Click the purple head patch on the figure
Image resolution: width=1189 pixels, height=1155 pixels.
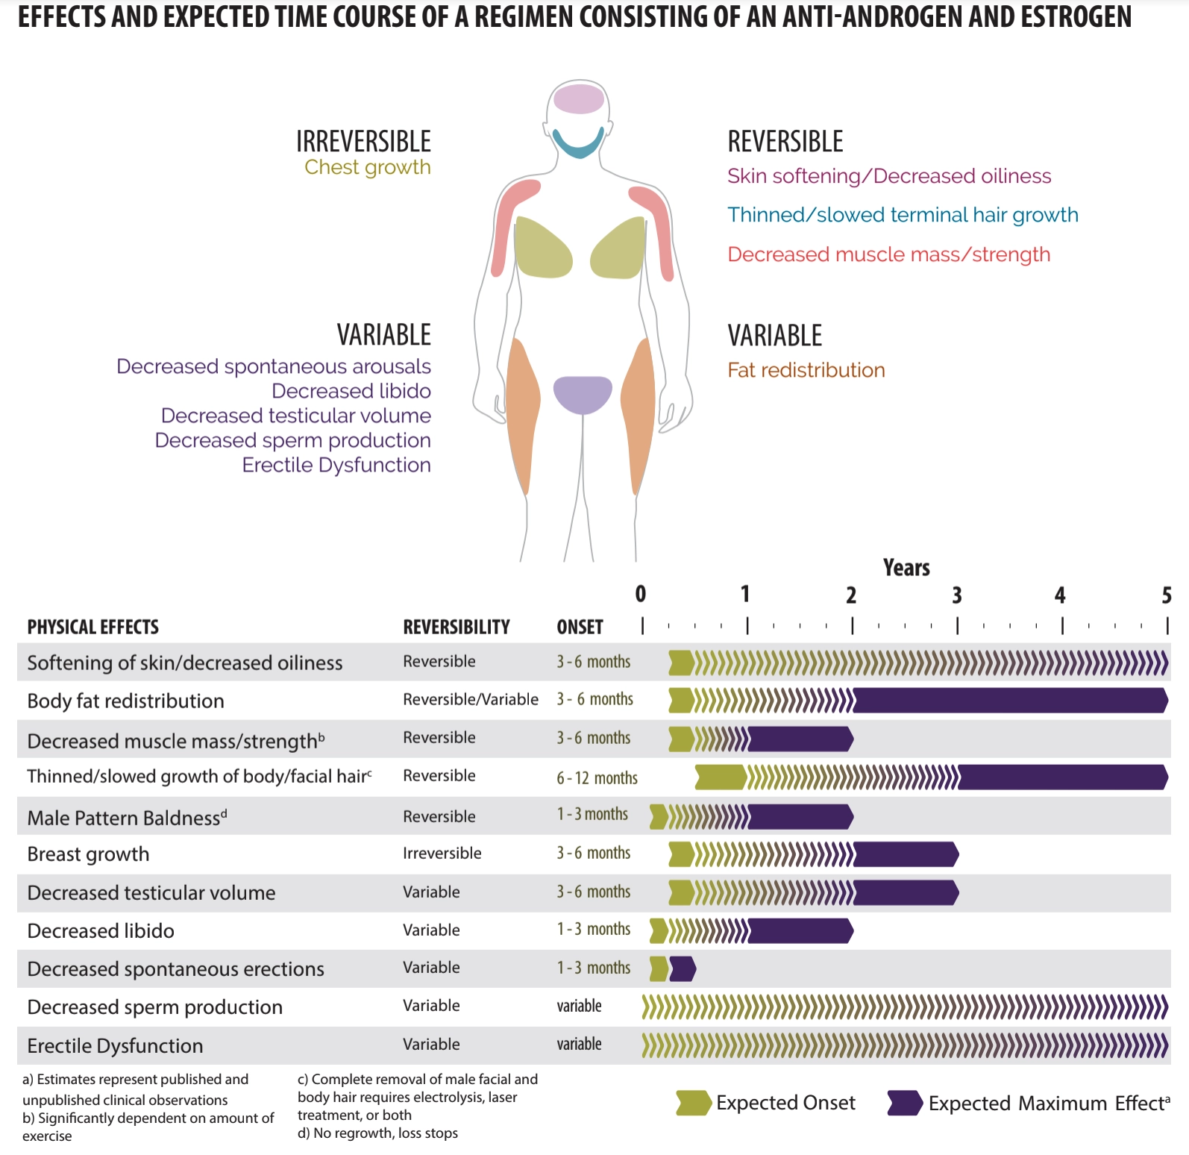(578, 99)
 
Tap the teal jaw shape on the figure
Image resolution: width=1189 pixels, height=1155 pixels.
(577, 143)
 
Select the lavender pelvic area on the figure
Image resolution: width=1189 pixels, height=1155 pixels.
(583, 395)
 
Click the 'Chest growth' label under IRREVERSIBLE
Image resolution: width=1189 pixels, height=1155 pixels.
(368, 167)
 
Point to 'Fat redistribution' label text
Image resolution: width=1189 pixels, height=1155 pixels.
(806, 370)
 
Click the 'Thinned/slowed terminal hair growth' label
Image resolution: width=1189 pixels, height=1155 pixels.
(903, 215)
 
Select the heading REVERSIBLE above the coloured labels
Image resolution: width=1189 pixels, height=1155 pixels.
(785, 141)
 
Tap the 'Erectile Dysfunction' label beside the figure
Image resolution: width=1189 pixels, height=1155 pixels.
(336, 465)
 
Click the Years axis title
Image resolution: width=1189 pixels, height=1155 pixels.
(906, 568)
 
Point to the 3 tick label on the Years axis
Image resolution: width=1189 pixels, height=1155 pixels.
(957, 595)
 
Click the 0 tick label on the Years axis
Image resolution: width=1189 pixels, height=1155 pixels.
(641, 594)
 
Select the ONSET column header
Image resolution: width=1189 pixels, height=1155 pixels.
(580, 627)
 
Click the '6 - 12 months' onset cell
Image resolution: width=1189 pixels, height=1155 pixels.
(597, 778)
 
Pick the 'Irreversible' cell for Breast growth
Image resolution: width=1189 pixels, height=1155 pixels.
(442, 853)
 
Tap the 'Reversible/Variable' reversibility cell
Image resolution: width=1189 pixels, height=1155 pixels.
(471, 699)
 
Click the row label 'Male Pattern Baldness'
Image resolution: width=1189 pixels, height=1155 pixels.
(124, 818)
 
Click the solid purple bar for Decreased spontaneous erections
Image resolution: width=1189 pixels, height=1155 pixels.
(683, 968)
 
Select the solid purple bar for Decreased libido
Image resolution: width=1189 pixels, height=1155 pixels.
(800, 930)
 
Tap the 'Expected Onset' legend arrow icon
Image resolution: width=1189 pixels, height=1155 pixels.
(694, 1103)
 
